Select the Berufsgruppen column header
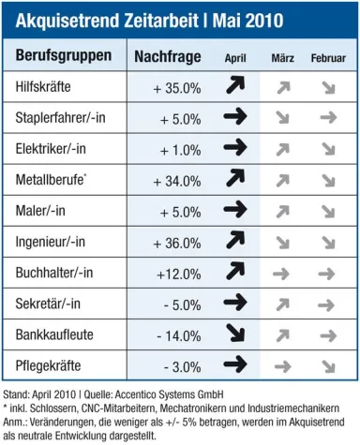[63, 56]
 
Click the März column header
[282, 58]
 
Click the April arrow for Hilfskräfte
[235, 88]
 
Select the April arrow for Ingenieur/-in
[235, 242]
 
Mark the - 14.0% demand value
[178, 334]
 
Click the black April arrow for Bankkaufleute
[235, 334]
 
